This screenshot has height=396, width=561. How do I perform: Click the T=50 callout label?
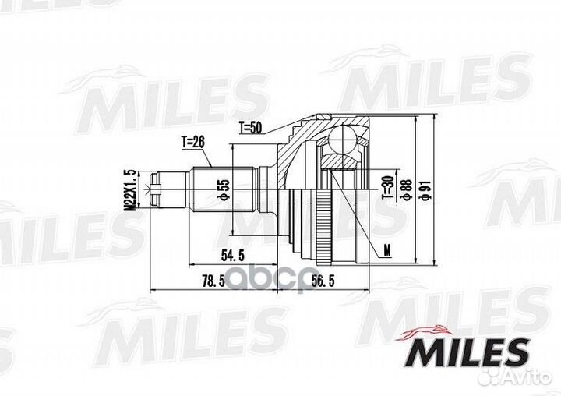pos(250,128)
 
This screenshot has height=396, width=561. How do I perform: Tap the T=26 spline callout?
pos(193,143)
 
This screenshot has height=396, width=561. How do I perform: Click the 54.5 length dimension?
pos(232,256)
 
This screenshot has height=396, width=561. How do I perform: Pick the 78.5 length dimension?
pos(213,281)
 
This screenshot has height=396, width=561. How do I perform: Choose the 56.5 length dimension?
pos(323,281)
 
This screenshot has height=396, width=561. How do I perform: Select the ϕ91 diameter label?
pos(425,190)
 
